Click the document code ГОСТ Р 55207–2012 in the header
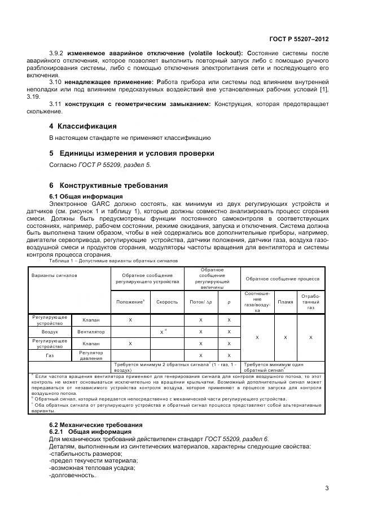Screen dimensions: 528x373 (299, 39)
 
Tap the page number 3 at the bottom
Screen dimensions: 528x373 (326, 488)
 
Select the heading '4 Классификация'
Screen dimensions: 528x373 (83, 126)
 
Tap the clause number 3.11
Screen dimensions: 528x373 (56, 104)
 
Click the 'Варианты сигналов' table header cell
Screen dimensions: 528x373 (55, 278)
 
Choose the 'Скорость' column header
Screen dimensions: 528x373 (167, 302)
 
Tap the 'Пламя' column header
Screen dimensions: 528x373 (286, 302)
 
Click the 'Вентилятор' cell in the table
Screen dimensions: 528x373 (91, 332)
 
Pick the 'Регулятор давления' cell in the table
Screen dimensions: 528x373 (91, 355)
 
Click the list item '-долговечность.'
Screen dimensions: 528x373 (72, 474)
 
